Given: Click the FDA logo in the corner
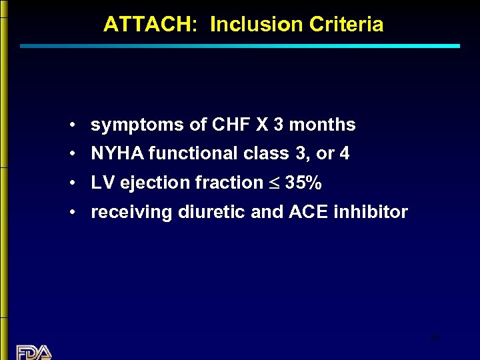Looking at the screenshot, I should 34,352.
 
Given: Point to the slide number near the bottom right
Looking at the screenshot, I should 435,338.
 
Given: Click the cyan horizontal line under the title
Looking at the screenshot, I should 240,46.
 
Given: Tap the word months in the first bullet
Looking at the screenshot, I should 322,125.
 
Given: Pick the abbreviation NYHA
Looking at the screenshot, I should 117,154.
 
